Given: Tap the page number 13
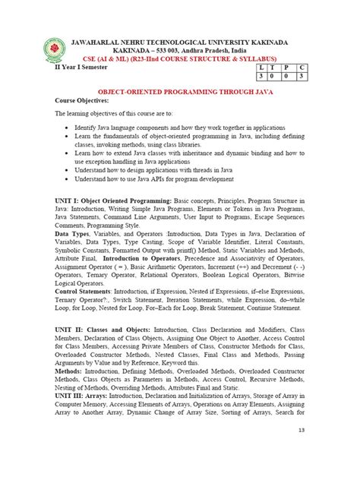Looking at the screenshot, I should click(343, 451).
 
